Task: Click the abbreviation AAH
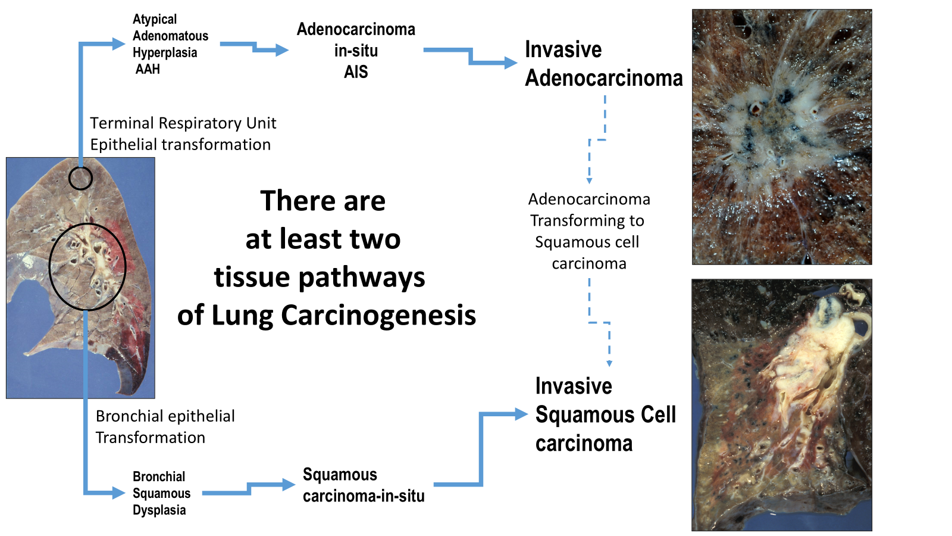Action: point(148,69)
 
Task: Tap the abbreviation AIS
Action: point(356,72)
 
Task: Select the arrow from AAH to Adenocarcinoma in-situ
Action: point(256,47)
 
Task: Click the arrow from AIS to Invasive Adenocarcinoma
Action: point(471,57)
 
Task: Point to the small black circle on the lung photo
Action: point(80,178)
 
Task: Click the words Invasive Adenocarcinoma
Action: point(603,64)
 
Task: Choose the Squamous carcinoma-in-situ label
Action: point(363,485)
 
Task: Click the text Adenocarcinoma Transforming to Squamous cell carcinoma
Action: point(588,231)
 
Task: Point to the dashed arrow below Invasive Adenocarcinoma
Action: point(597,140)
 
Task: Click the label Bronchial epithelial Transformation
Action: point(165,426)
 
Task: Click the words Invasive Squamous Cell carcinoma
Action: point(605,415)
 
